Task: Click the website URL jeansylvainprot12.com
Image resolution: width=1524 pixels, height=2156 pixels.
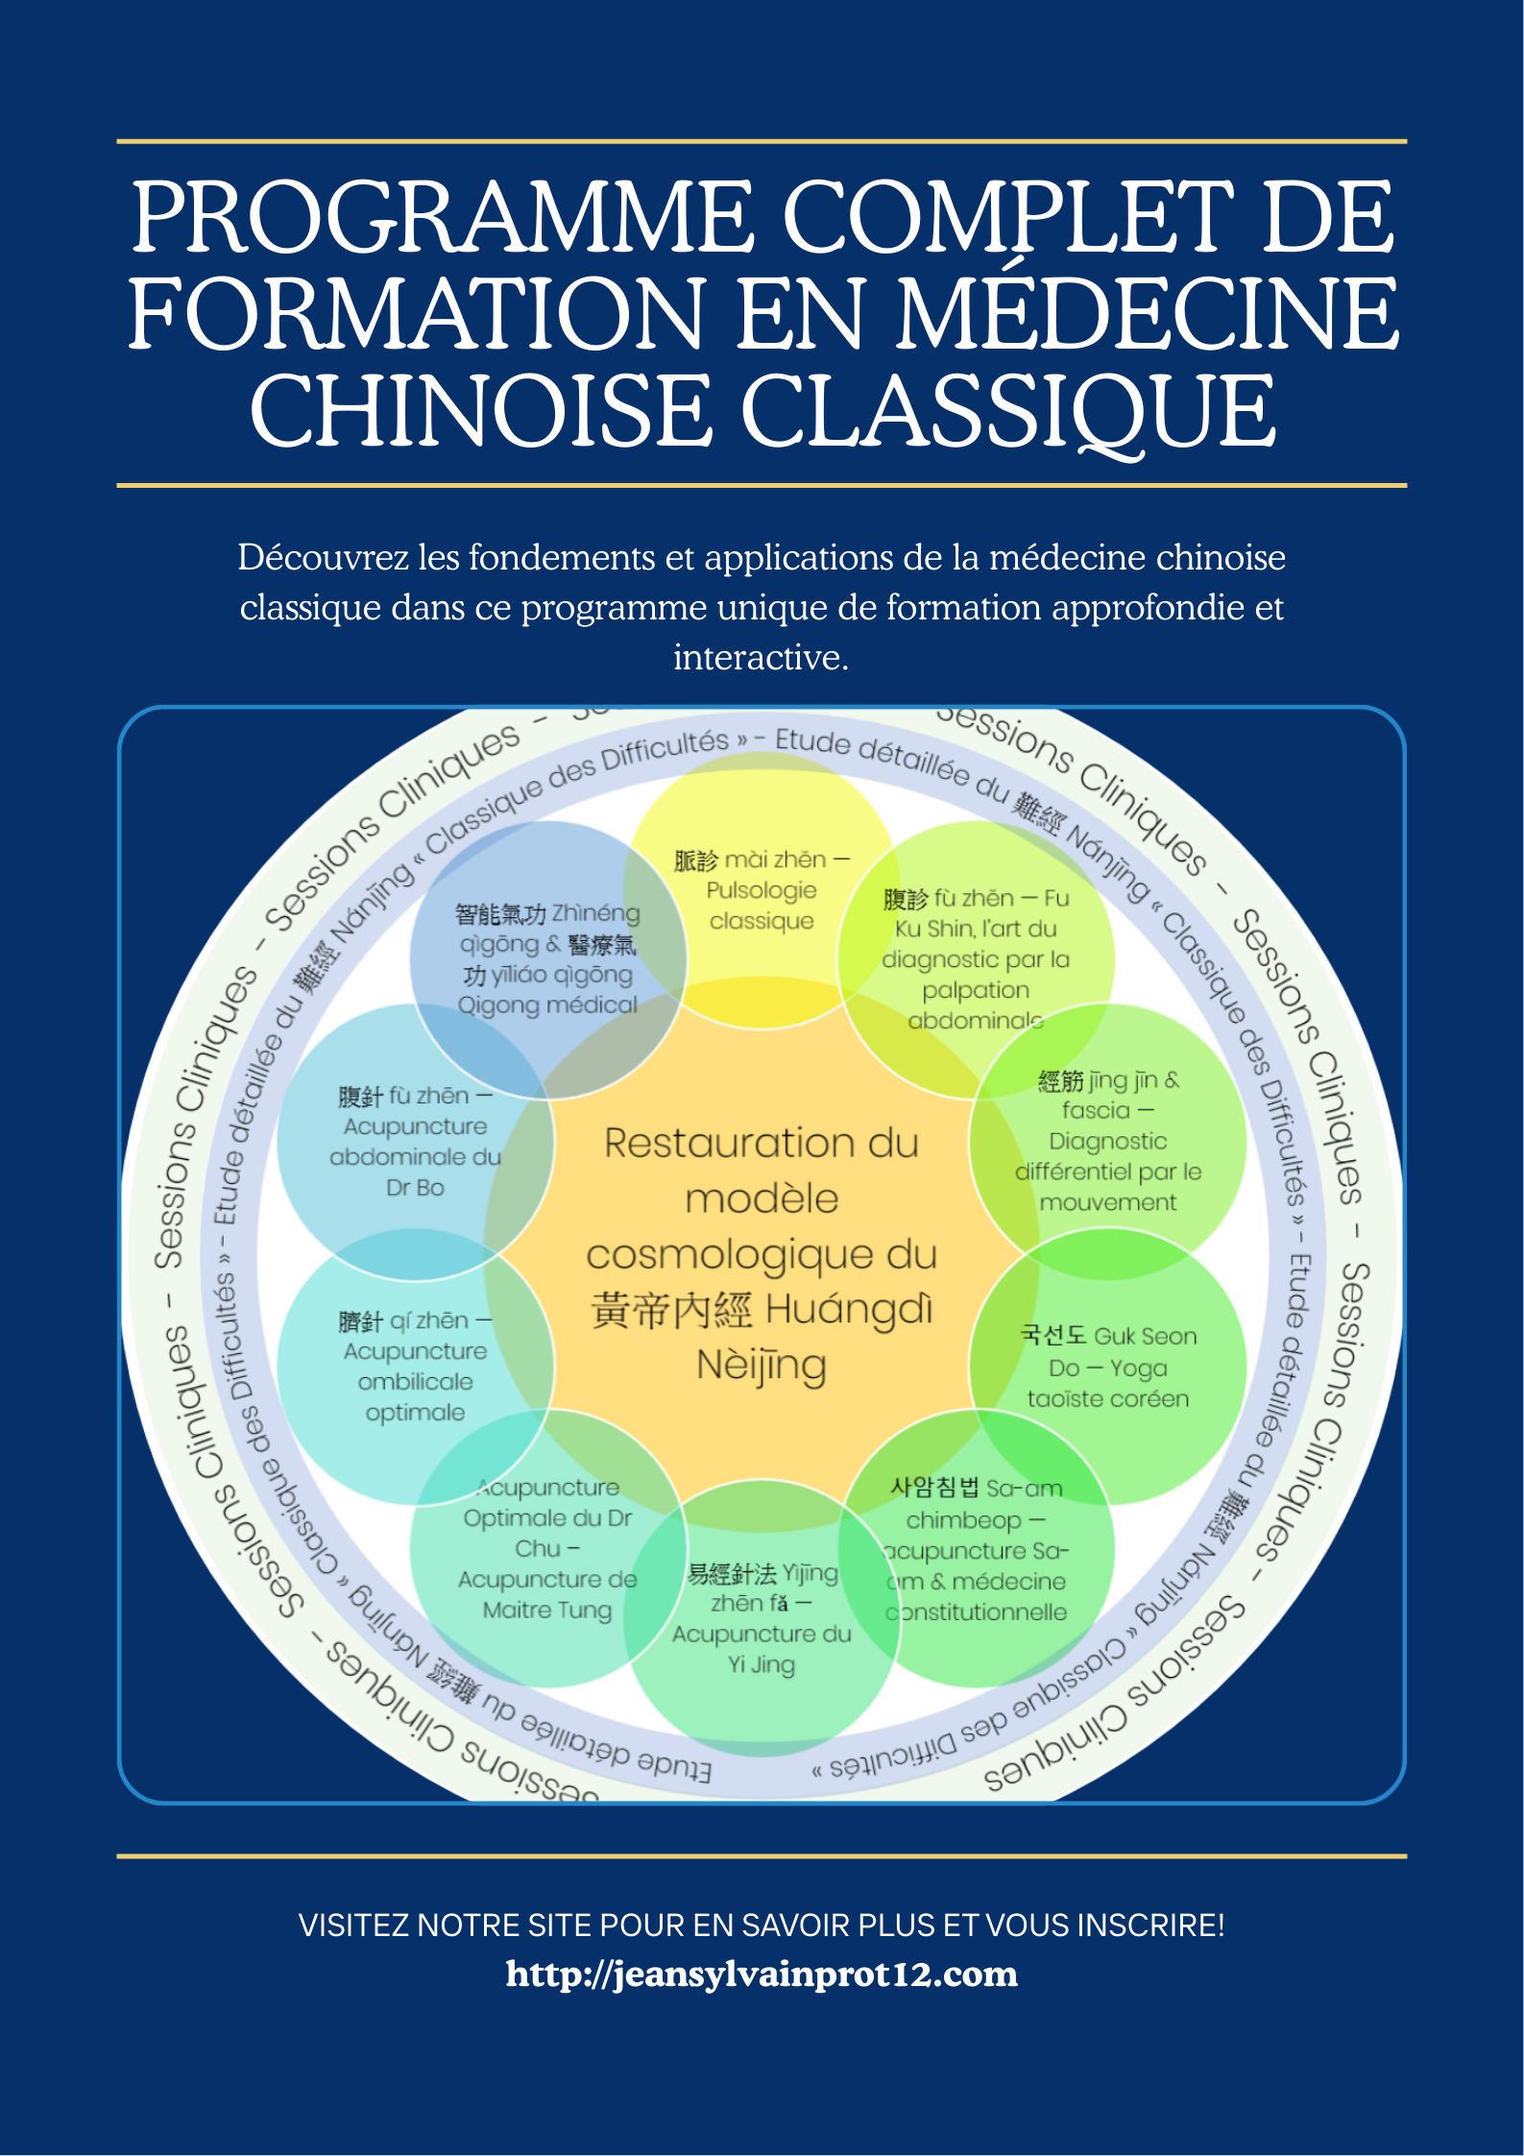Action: (x=762, y=1974)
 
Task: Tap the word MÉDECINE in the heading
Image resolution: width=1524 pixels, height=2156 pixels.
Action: (x=1148, y=314)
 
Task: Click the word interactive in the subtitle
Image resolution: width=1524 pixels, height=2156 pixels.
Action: (x=761, y=658)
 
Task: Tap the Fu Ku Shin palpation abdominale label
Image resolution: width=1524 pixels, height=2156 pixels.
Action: (x=976, y=958)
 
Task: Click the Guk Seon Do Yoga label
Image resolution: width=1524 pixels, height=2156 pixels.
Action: (x=1108, y=1367)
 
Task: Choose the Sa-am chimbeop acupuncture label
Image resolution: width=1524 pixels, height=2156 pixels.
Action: (x=976, y=1549)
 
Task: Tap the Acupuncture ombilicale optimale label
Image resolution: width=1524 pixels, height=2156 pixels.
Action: (x=415, y=1367)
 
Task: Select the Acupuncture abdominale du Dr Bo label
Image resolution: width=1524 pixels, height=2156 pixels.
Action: (x=415, y=1141)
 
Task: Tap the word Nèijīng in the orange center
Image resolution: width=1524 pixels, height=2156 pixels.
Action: (x=762, y=1365)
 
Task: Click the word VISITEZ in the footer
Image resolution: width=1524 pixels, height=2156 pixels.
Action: (x=353, y=1926)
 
